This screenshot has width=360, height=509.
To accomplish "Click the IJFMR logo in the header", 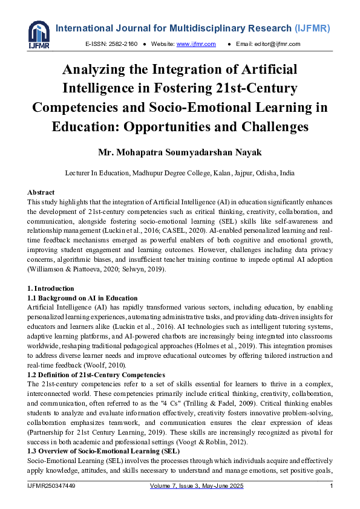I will coord(39,34).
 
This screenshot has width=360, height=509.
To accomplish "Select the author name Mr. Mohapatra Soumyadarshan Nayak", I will coord(180,151).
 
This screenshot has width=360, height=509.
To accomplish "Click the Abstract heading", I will coord(41,192).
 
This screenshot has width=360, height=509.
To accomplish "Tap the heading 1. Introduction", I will coord(51,288).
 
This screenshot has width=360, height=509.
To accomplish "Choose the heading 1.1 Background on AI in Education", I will coord(83,298).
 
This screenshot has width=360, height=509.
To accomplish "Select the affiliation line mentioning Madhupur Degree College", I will coord(180,173).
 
